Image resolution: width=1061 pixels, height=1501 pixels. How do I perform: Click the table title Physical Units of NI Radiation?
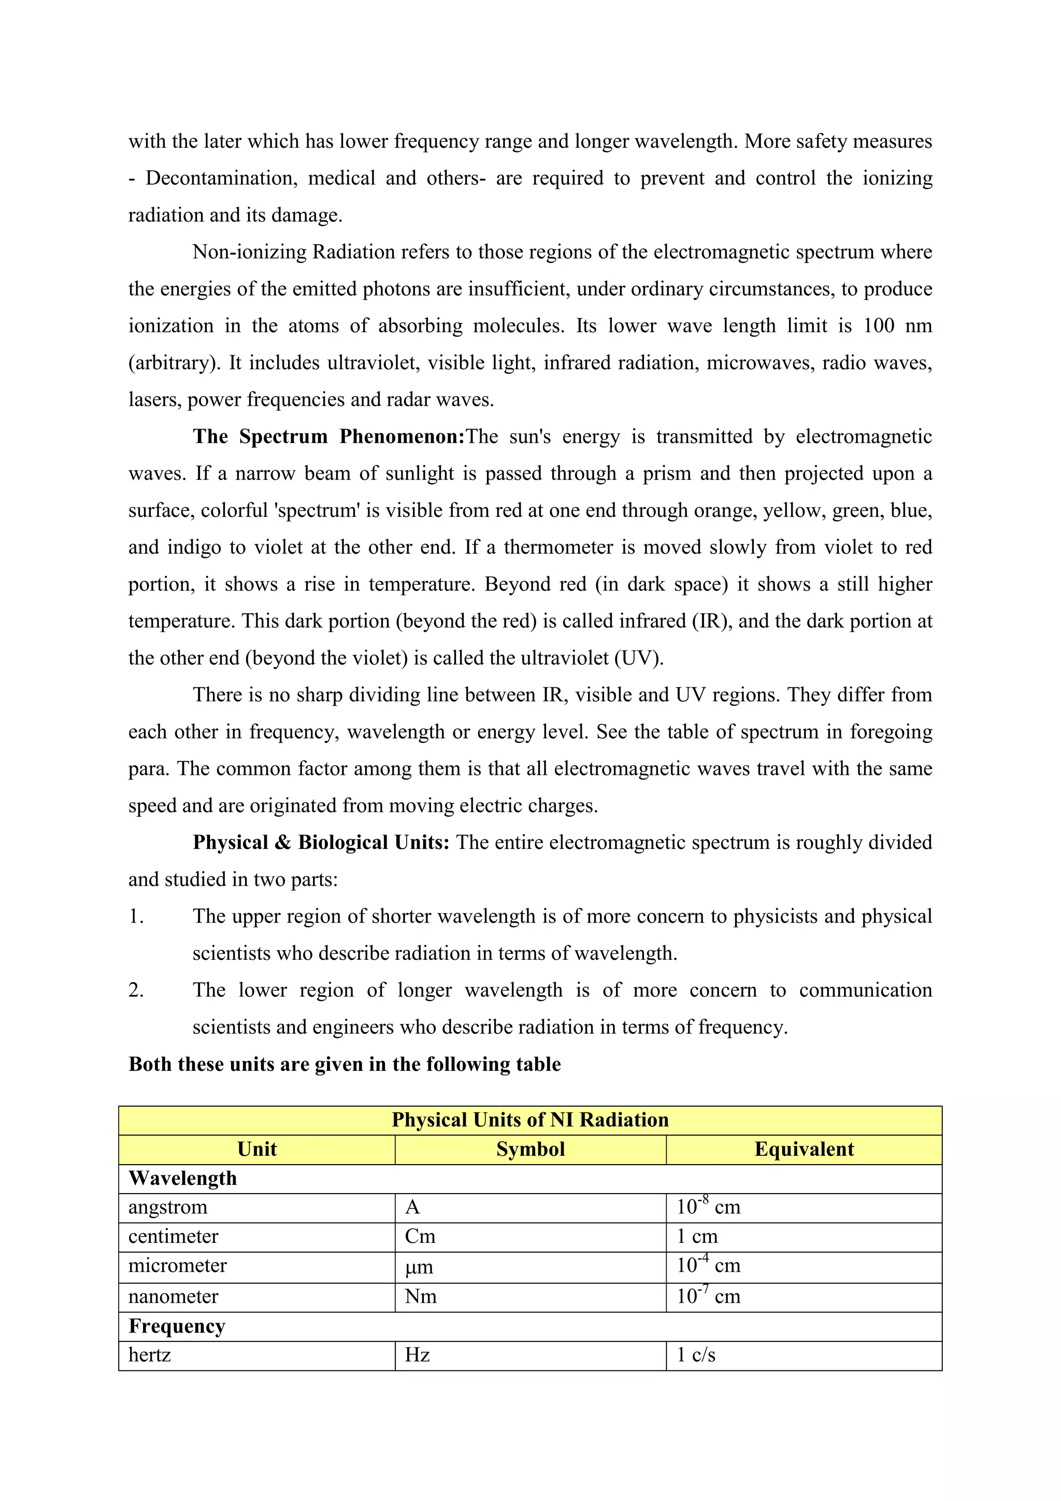tap(530, 1120)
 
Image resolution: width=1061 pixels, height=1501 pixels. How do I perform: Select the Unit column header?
tap(257, 1149)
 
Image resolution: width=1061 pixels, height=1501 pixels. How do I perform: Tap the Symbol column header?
tap(530, 1149)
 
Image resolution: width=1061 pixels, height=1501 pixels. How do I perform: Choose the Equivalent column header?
tap(804, 1149)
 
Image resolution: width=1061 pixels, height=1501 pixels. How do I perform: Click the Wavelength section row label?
tap(183, 1178)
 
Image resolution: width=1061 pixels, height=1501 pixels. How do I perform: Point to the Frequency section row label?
tap(177, 1326)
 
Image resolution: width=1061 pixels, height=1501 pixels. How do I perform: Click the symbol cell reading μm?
tap(419, 1267)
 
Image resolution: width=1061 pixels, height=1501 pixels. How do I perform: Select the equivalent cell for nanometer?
tap(708, 1296)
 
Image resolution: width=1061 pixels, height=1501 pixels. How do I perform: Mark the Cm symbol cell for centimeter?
tap(420, 1237)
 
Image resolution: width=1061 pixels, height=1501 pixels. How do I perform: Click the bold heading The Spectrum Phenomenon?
tap(328, 437)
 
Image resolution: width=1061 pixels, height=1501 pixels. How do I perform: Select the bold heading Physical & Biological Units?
tap(321, 843)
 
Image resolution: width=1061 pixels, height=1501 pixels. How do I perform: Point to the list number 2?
tap(136, 990)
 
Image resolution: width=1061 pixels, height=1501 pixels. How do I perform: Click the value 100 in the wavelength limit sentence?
tap(878, 325)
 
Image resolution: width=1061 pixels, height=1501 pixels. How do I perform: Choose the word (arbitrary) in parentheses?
tap(174, 363)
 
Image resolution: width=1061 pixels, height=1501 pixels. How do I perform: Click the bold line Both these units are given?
tap(345, 1064)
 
